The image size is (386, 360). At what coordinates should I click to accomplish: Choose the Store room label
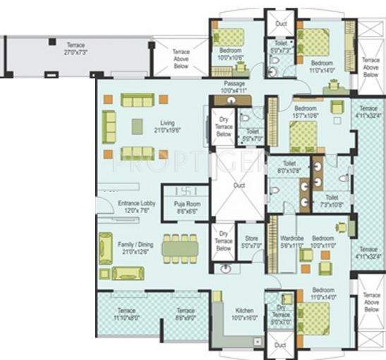pos(251,241)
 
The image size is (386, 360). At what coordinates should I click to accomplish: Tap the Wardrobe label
pos(291,242)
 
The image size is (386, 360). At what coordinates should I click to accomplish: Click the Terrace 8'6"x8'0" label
pos(186,314)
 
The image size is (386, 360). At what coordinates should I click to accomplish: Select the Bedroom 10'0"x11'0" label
pos(323,242)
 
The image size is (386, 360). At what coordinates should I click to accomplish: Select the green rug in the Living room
pos(135,126)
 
